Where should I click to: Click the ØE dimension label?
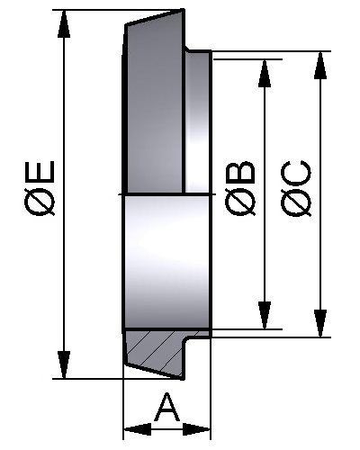[40, 188]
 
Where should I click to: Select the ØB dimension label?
[240, 188]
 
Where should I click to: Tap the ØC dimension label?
[296, 188]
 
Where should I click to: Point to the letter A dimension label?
[167, 408]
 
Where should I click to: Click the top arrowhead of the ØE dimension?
[64, 24]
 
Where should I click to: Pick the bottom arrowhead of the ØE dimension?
[64, 364]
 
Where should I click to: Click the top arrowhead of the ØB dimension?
[265, 74]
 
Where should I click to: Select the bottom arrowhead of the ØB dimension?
[265, 315]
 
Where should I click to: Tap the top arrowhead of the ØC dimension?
[320, 66]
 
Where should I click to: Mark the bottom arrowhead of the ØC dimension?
[320, 323]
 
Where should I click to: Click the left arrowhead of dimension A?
[138, 429]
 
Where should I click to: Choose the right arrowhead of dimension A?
[196, 429]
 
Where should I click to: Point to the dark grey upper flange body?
[154, 108]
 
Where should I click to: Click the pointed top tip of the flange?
[183, 10]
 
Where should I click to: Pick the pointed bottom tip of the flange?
[182, 379]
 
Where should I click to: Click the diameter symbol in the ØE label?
[40, 202]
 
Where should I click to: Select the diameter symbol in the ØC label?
[296, 202]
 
